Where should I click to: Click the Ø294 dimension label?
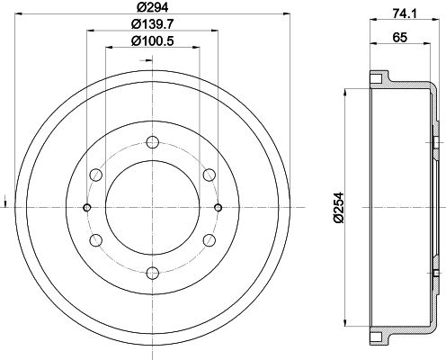coord(151,7)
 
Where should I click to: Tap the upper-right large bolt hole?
coord(209,175)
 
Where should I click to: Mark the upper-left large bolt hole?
coord(94,175)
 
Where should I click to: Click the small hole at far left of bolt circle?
coord(86,208)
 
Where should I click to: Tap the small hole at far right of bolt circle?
coord(217,208)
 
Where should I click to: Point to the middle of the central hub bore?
coord(151,208)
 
